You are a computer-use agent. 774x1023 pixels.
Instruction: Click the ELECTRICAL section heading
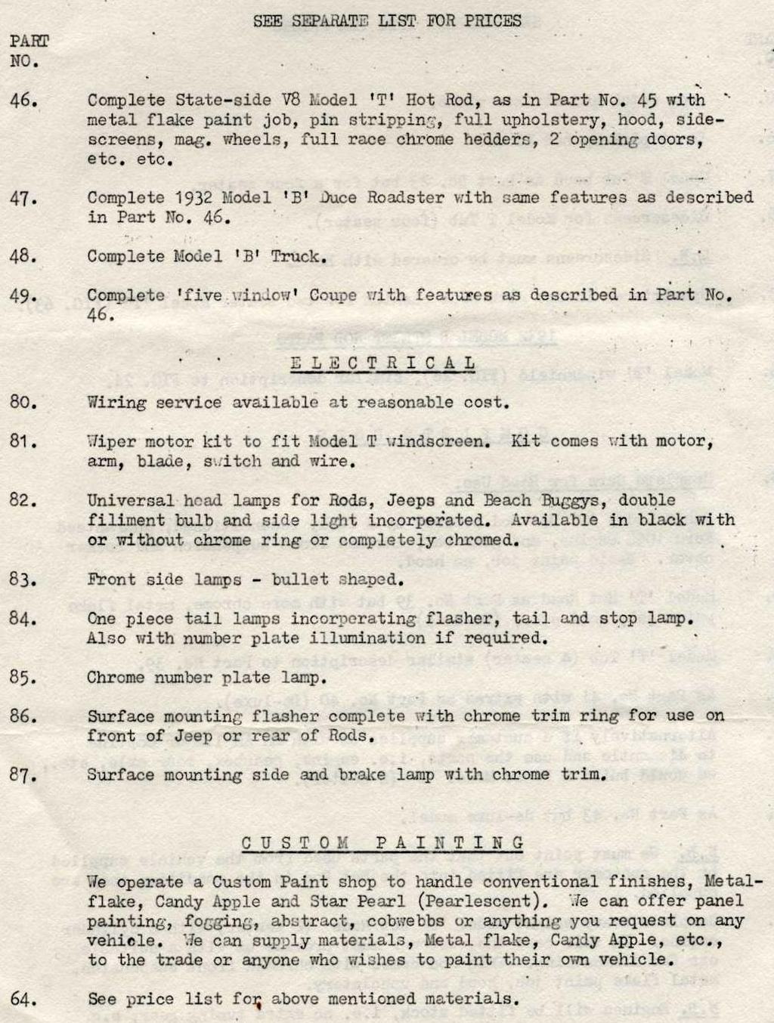(x=383, y=363)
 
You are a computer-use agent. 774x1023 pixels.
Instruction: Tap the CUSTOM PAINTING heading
(x=383, y=843)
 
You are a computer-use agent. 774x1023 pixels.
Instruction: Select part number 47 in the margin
(x=23, y=198)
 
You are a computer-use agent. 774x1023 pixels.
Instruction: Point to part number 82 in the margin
(x=23, y=500)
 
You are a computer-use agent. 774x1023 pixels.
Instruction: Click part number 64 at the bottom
(x=23, y=1000)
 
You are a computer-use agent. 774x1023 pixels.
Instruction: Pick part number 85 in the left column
(x=23, y=678)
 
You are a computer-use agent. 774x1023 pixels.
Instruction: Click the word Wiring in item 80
(x=116, y=403)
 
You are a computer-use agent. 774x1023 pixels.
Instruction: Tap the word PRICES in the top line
(x=492, y=21)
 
